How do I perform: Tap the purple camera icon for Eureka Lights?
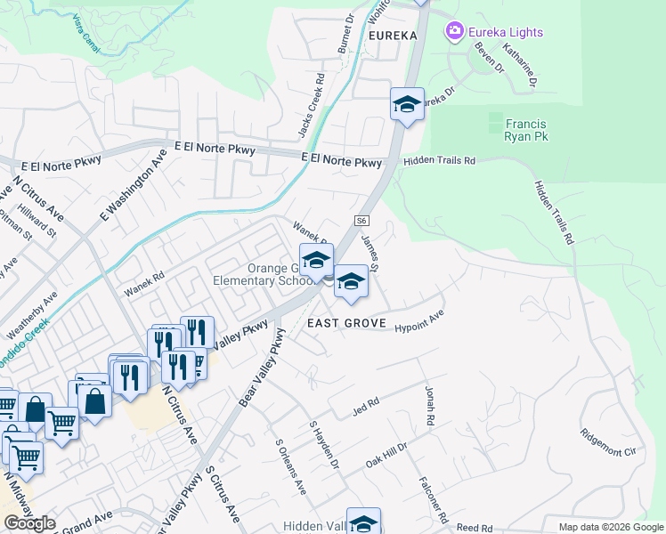click(455, 32)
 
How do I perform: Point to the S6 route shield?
click(361, 221)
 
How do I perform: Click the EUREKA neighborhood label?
click(391, 36)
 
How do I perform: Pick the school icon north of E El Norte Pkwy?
click(407, 105)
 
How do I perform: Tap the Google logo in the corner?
click(29, 523)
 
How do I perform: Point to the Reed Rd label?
click(474, 529)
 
